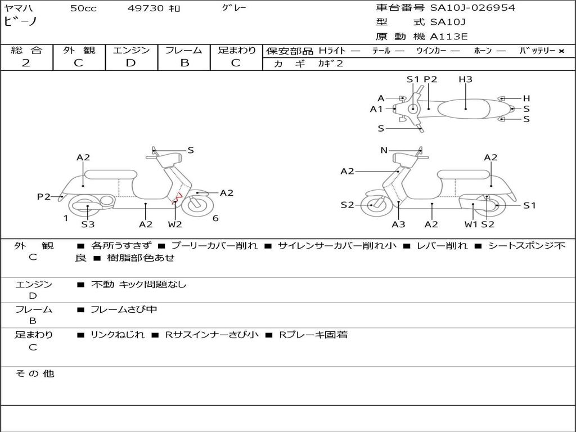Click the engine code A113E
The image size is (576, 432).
tap(449, 37)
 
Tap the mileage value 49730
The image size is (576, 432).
tap(146, 8)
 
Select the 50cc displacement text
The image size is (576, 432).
tap(83, 8)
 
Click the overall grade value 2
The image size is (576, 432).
tap(26, 63)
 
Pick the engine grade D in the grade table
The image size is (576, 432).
tap(130, 63)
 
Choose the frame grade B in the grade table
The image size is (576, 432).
tap(184, 63)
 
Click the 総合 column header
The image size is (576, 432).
tap(26, 50)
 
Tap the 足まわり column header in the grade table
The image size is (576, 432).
tap(236, 50)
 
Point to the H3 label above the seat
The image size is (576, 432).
tap(465, 79)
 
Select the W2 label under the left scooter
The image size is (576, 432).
tap(175, 224)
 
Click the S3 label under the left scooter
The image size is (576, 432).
tap(88, 224)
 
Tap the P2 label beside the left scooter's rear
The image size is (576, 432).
tap(44, 196)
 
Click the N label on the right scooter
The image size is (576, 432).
tap(384, 150)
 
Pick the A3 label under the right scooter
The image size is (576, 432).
tap(398, 224)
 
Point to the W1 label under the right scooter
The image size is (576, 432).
tap(471, 224)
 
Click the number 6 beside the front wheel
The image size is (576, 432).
tap(215, 218)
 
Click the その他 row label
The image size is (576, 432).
tap(34, 373)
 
